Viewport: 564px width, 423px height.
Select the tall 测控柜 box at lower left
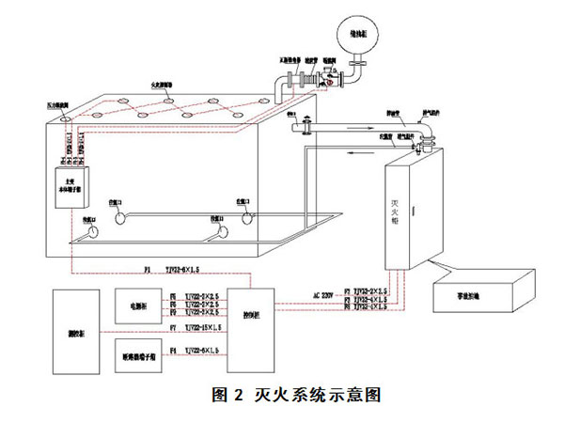point(72,334)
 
